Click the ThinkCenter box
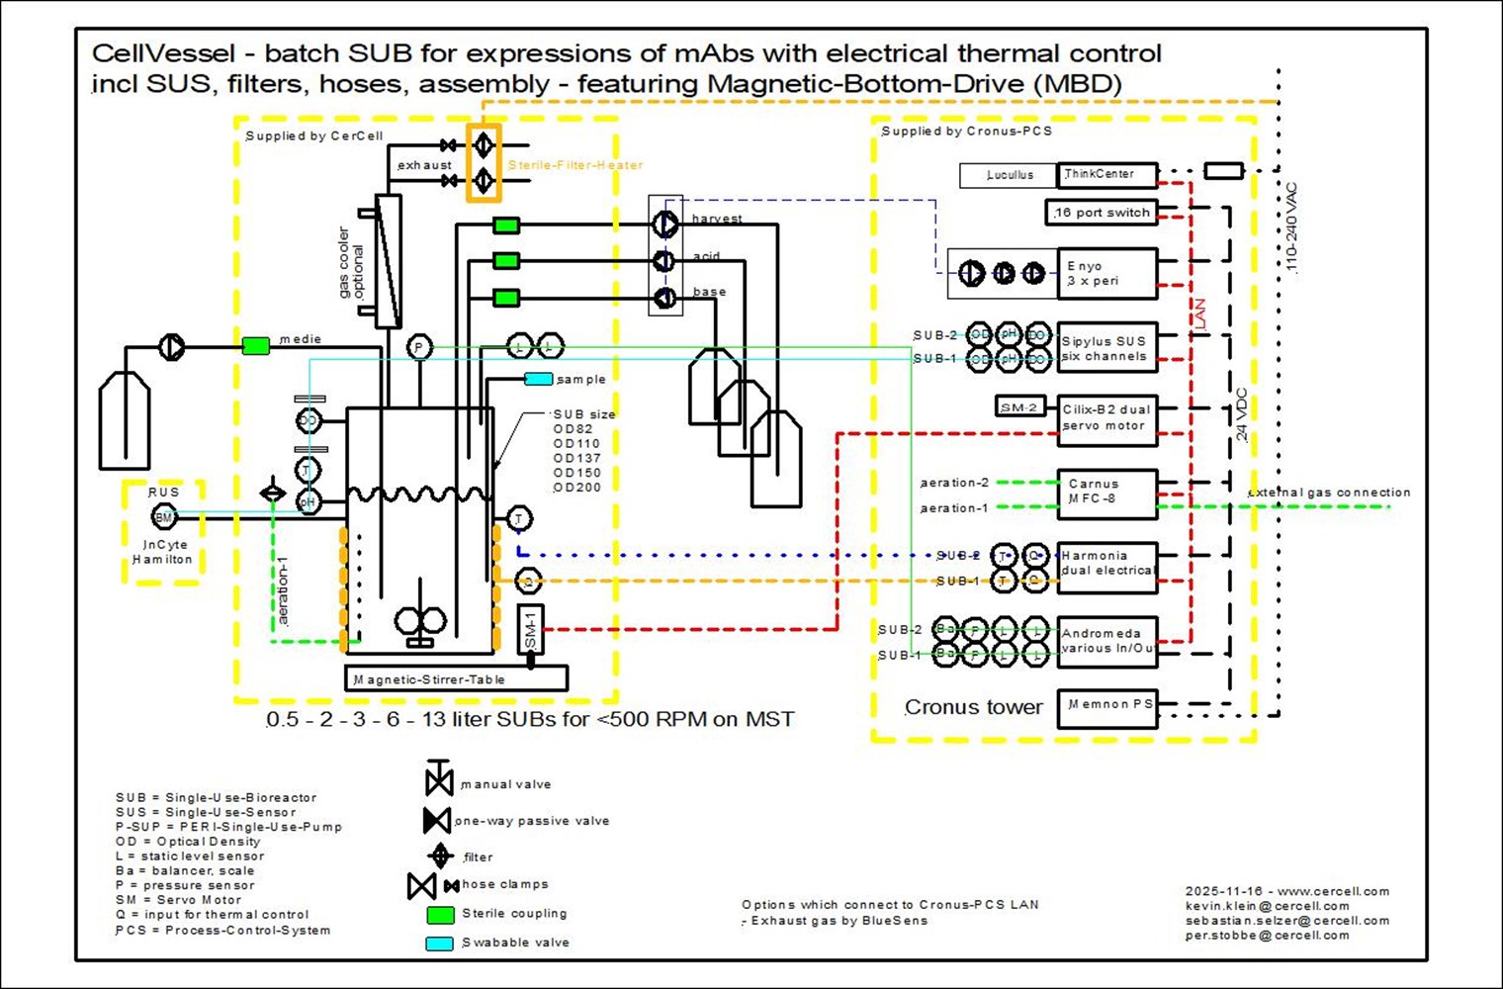1106,175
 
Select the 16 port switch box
1101,213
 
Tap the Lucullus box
1009,175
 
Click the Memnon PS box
1106,708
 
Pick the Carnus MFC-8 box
1106,494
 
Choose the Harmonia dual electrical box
1106,567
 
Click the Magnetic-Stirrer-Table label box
456,678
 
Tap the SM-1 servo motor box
530,629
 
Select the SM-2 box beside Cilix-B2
1019,406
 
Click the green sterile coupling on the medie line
255,345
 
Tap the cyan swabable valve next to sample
539,379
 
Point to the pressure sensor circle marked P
419,347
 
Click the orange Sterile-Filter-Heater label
575,165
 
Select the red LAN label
1199,314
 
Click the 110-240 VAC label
1290,228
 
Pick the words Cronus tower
973,707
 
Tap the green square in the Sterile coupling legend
440,914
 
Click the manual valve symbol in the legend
439,779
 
